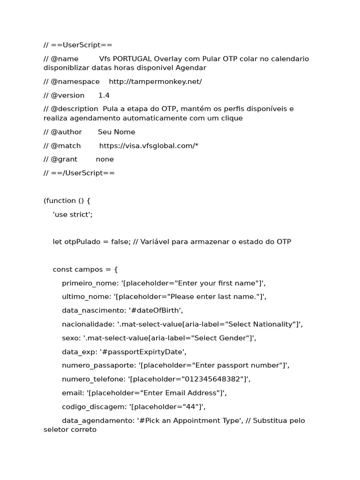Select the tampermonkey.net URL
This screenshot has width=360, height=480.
pyautogui.click(x=155, y=82)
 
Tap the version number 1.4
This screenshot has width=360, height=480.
pyautogui.click(x=104, y=95)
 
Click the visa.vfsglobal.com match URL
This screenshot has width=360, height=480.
pyautogui.click(x=149, y=146)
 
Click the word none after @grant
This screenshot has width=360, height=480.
pyautogui.click(x=105, y=159)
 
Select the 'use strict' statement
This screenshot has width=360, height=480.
pyautogui.click(x=73, y=214)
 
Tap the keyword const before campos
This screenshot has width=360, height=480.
pyautogui.click(x=63, y=270)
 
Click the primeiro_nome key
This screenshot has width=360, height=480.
pyautogui.click(x=88, y=283)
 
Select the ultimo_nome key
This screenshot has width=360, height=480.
pyautogui.click(x=85, y=297)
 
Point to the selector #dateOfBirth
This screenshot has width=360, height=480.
pyautogui.click(x=158, y=310)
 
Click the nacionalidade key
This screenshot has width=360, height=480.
pyautogui.click(x=87, y=324)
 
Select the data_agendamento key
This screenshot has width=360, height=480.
pyautogui.click(x=97, y=420)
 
